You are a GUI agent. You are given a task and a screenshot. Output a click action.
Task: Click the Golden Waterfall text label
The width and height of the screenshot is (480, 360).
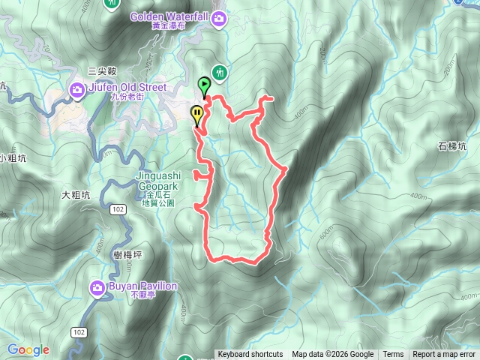[x=169, y=16]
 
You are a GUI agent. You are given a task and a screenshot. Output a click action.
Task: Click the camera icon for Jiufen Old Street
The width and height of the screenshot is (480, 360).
[x=76, y=91]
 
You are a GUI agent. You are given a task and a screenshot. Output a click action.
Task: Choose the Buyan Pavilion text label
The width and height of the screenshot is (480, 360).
[x=142, y=286]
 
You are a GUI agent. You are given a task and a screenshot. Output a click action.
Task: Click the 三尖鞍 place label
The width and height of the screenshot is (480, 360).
[x=102, y=70]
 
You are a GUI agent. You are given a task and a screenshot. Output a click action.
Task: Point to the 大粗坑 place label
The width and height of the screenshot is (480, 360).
[x=76, y=195]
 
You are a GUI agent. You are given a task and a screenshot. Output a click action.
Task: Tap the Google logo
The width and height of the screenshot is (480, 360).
[x=28, y=349]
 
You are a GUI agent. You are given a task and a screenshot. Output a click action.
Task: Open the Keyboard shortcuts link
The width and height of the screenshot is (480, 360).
[x=250, y=355]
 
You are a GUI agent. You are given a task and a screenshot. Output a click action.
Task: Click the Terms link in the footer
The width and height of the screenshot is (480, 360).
[x=393, y=355]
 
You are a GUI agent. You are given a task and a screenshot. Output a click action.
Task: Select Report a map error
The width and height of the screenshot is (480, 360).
[x=444, y=355]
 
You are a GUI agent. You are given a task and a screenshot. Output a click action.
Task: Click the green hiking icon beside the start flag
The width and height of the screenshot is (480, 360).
[x=220, y=73]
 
